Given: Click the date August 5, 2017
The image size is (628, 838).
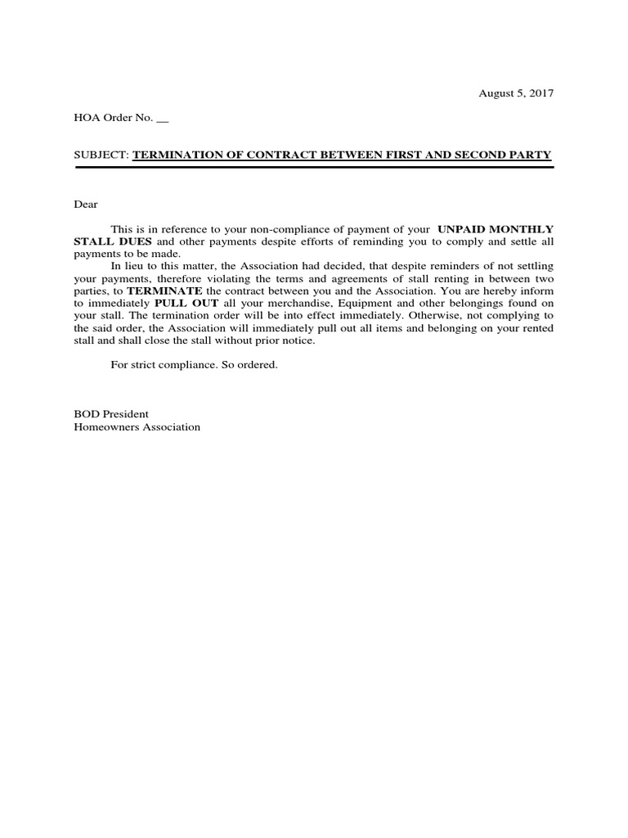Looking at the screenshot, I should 516,93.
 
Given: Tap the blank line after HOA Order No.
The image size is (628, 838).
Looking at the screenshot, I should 162,119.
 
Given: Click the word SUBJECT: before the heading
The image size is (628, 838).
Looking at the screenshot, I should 102,155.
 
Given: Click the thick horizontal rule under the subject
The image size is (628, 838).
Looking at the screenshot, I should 314,167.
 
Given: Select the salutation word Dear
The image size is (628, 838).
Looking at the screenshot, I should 86,205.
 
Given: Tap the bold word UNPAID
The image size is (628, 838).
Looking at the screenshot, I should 466,230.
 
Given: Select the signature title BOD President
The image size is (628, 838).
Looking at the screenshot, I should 111,414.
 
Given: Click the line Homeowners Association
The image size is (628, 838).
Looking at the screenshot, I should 137,426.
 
